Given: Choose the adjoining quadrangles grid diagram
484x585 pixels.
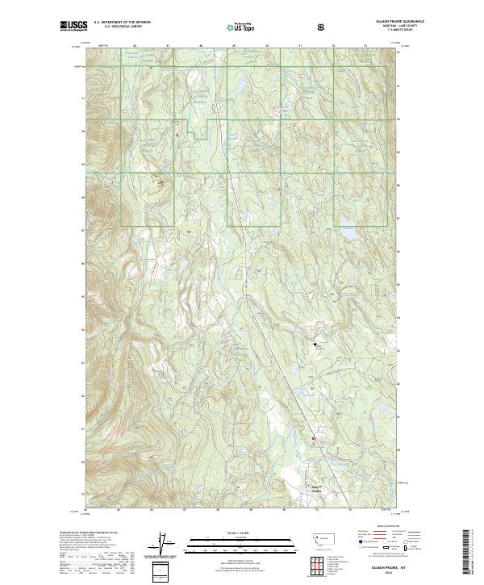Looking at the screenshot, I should pos(320,565).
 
